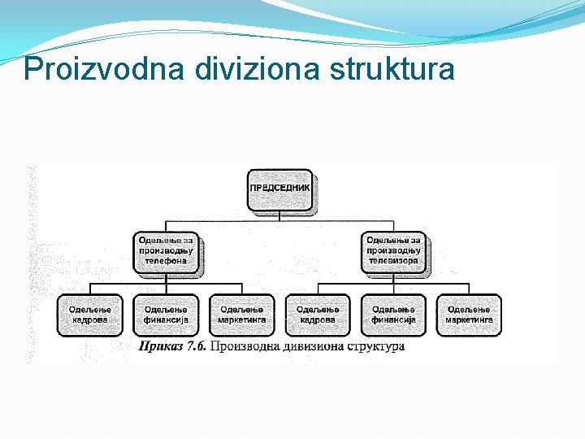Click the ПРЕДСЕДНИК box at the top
pos(279,189)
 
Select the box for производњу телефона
pos(166,250)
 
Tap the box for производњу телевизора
pos(393,250)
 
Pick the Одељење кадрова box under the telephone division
pos(89,315)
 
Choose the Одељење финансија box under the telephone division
pos(166,315)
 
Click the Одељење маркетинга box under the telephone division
pos(241,315)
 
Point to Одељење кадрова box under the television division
pos(317,315)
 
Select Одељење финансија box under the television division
pos(393,315)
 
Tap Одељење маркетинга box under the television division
pos(469,315)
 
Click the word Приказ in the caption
pos(160,347)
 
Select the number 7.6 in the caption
pos(197,347)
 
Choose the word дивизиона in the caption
pos(311,347)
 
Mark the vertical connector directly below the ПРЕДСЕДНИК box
pos(279,215)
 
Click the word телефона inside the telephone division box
pos(166,261)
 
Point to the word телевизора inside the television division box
pos(393,261)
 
